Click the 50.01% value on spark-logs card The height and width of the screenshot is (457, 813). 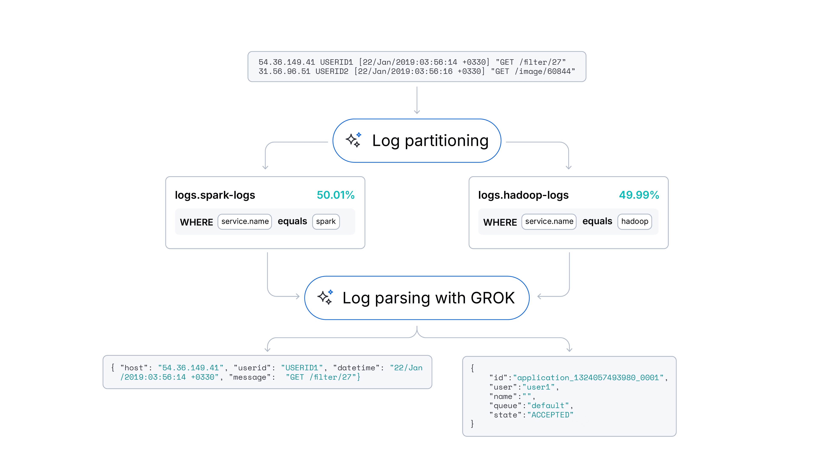click(336, 195)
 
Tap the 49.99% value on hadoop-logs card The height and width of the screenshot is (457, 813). click(639, 195)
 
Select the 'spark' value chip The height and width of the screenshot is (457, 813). click(326, 221)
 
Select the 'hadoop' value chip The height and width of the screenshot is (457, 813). click(634, 221)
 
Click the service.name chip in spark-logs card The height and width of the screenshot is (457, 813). click(245, 221)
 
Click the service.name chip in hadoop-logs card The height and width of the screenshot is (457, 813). click(549, 221)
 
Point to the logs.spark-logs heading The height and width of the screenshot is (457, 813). click(215, 195)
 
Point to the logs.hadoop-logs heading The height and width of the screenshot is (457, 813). click(523, 195)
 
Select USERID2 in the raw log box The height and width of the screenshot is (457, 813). click(332, 72)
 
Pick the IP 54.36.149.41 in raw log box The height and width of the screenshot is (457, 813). click(287, 62)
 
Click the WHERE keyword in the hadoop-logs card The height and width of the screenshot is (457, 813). click(500, 222)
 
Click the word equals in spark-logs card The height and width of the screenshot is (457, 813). click(292, 221)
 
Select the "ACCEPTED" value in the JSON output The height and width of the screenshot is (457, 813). click(550, 415)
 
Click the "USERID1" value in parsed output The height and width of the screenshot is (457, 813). click(302, 368)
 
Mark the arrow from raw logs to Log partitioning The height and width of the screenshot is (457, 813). click(417, 100)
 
